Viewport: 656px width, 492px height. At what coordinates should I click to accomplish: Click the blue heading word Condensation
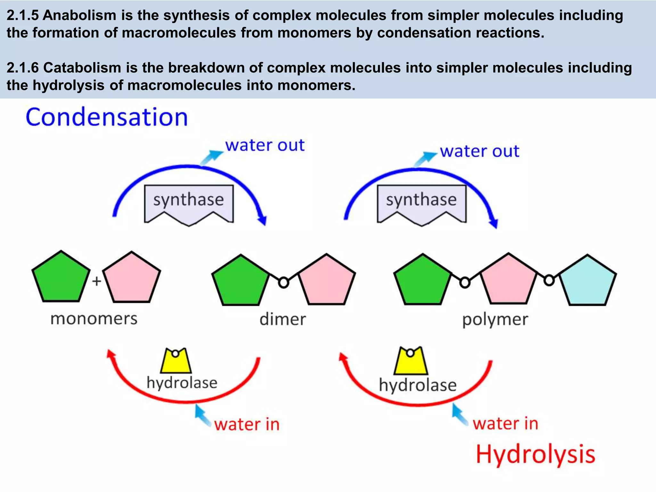click(107, 118)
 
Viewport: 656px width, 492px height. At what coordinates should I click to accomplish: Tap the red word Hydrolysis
click(535, 455)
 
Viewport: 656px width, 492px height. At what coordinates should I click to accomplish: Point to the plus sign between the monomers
click(96, 281)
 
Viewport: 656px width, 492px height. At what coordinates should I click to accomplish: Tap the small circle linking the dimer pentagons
click(283, 283)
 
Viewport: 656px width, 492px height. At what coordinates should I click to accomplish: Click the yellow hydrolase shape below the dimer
click(176, 362)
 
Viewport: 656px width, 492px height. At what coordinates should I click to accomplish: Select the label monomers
click(94, 319)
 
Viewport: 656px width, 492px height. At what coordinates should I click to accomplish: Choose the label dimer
click(283, 320)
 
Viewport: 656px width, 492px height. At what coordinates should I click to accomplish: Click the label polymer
click(495, 320)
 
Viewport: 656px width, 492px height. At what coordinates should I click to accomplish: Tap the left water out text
click(265, 145)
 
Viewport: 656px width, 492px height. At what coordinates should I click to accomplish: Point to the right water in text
click(505, 424)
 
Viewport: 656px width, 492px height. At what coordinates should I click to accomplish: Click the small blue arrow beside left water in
click(202, 415)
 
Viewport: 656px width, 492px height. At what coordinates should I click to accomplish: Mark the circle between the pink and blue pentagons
click(549, 281)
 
